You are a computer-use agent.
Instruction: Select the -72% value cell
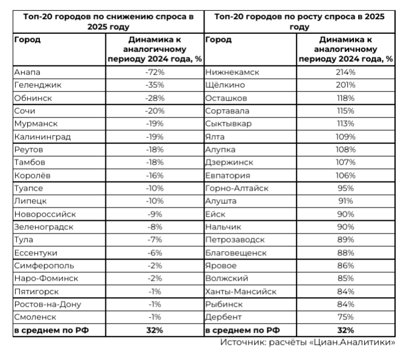155,72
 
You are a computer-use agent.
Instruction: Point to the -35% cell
155,85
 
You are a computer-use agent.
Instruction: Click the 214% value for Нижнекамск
346,72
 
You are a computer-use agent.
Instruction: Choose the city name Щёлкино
226,85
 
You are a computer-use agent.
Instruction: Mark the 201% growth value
346,85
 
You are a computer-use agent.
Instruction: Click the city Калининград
42,137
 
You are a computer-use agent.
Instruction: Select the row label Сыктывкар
229,124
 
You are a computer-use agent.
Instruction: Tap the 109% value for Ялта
346,137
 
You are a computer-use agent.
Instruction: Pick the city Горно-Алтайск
236,188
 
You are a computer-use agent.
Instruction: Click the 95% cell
346,188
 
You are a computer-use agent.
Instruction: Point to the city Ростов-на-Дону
47,304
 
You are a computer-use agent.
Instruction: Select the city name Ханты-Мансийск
241,292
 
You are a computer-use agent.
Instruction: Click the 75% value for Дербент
346,317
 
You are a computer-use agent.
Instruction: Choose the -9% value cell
155,214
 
